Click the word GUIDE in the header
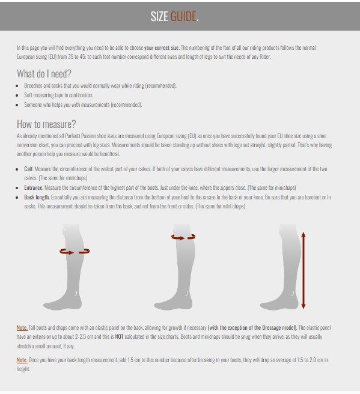click(x=183, y=17)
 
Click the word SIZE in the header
click(x=159, y=17)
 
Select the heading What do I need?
click(x=44, y=74)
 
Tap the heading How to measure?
click(x=46, y=124)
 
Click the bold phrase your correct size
click(x=162, y=47)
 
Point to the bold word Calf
click(x=29, y=169)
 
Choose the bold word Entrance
click(x=34, y=187)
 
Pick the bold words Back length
click(x=37, y=197)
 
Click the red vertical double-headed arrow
click(x=304, y=270)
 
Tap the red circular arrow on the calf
click(x=75, y=252)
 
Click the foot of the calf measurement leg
click(x=63, y=303)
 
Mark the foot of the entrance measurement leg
click(x=173, y=303)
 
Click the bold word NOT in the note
click(x=119, y=337)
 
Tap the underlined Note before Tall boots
click(x=22, y=328)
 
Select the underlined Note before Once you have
click(x=22, y=360)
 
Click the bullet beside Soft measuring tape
click(x=17, y=95)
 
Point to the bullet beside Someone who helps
click(x=17, y=105)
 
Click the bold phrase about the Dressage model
click(x=252, y=328)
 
